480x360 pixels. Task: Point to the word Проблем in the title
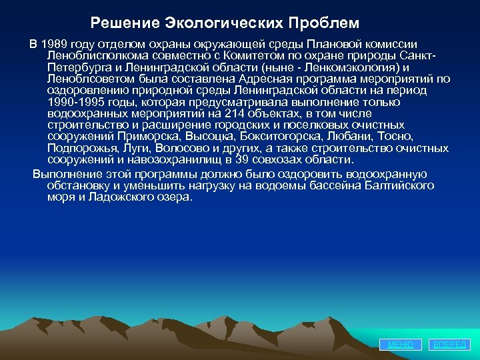(323, 23)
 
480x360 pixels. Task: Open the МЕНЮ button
(401, 344)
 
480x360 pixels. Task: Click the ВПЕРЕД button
(451, 344)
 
